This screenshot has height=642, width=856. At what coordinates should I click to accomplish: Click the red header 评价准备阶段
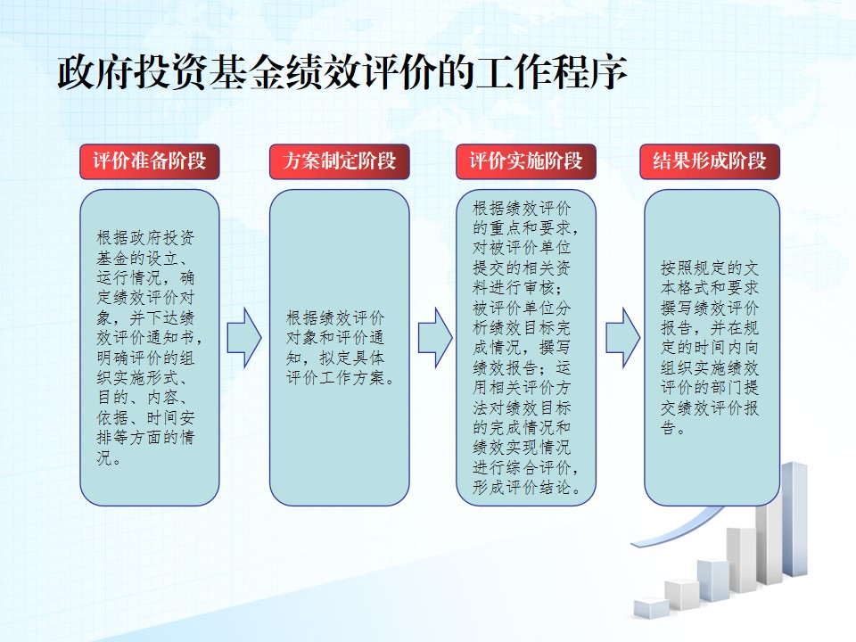click(150, 161)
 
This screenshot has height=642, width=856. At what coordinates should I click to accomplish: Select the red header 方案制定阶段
click(339, 161)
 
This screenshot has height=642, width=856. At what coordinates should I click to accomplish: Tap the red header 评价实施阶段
click(526, 161)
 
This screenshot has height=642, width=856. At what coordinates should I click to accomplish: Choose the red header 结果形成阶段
click(710, 161)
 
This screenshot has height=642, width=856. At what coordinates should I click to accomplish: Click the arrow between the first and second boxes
click(244, 337)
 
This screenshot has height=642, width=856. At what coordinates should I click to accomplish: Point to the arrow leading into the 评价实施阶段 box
click(435, 337)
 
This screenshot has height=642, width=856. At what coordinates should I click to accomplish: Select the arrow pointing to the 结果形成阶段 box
click(623, 337)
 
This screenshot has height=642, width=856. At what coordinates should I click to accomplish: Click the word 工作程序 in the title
click(551, 72)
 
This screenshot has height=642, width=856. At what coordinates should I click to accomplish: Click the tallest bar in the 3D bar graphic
click(794, 519)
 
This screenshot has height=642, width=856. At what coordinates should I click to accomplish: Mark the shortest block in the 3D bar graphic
click(651, 608)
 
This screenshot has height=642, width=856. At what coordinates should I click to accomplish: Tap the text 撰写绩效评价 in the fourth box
click(710, 308)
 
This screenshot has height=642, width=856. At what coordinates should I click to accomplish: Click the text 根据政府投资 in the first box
click(145, 238)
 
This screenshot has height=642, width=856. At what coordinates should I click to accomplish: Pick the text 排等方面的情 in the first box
click(145, 438)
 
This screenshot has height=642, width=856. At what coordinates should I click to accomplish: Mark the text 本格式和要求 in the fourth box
click(710, 288)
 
